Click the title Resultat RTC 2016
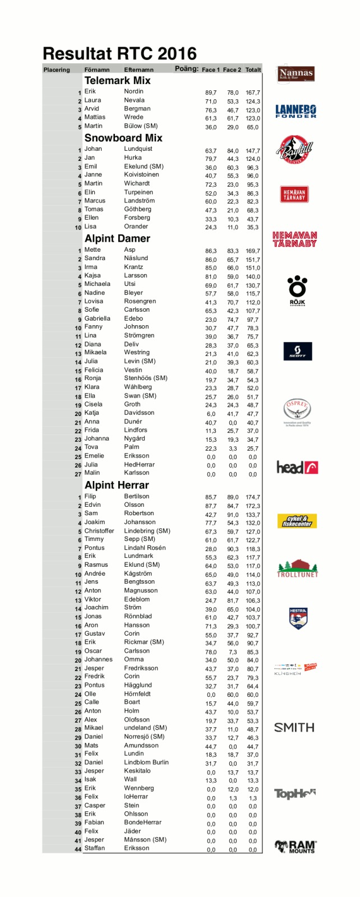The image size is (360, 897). [x=119, y=54]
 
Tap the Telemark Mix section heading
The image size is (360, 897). [x=117, y=81]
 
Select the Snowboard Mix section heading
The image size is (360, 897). [x=123, y=138]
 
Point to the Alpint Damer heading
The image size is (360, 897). [x=117, y=239]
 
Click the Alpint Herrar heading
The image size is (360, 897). [x=117, y=486]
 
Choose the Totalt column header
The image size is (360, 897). [x=253, y=70]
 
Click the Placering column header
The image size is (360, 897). [x=57, y=70]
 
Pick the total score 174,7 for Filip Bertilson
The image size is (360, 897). [x=253, y=497]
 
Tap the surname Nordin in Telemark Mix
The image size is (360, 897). [x=133, y=91]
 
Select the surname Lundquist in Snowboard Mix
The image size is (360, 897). [x=138, y=149]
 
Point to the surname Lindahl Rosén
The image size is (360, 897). [x=145, y=548]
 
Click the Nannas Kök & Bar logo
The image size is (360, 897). [x=296, y=74]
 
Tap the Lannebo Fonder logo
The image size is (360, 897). [x=296, y=111]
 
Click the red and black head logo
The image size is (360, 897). [x=297, y=468]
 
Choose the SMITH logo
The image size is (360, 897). [x=294, y=728]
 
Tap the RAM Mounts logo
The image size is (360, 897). [x=296, y=847]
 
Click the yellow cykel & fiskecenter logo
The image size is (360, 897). [x=297, y=521]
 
